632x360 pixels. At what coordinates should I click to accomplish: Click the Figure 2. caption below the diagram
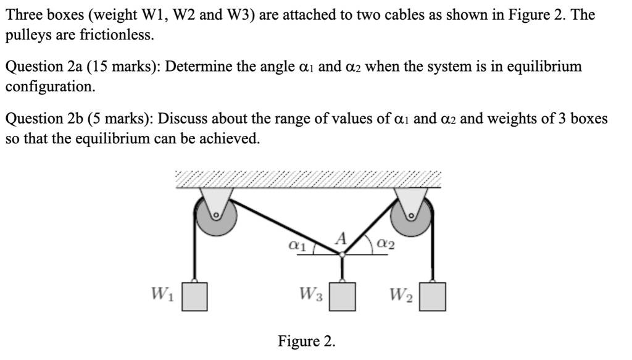[x=307, y=341]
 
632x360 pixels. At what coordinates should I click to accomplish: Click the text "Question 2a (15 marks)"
[x=81, y=67]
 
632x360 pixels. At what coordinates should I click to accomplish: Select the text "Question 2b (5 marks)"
[x=77, y=119]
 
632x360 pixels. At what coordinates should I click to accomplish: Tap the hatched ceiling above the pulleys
[x=309, y=178]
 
